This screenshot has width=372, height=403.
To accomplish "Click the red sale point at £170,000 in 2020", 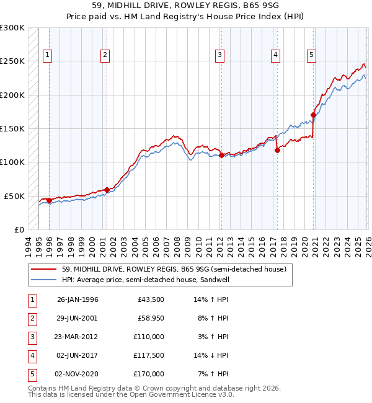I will click(314, 115).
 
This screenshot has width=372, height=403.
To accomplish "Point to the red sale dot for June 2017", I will click(277, 150).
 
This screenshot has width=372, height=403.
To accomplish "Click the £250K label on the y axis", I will click(12, 61).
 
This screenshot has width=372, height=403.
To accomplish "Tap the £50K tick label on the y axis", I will click(14, 196).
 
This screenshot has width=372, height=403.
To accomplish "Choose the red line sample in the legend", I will click(44, 270).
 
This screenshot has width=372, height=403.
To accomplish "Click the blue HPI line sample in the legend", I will click(44, 280).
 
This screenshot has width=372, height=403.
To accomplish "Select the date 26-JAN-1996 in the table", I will click(77, 299).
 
